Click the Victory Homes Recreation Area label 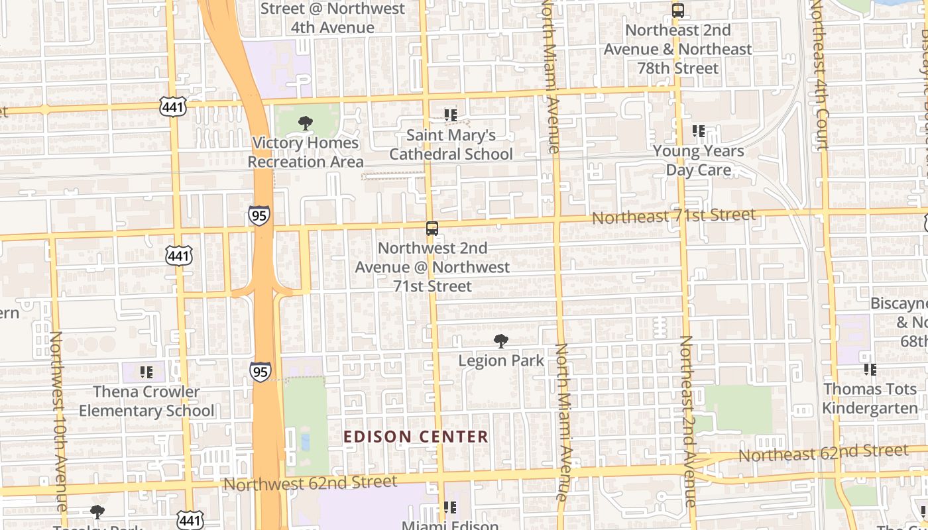pos(306,152)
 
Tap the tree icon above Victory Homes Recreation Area pos(305,123)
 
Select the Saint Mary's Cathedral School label pos(451,144)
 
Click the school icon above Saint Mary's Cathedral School pos(451,115)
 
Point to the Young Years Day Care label pos(699,160)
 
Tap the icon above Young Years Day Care pos(699,131)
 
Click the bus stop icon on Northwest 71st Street pos(432,229)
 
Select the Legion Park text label pos(501,361)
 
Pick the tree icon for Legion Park pos(501,341)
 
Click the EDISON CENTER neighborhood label pos(416,437)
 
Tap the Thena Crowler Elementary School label pos(146,401)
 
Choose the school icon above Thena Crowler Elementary pos(146,372)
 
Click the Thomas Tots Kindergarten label pos(870,398)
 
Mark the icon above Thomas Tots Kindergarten pos(870,369)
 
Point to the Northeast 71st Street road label pos(673,217)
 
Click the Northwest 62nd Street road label pos(310,483)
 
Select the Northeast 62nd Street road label pos(823,454)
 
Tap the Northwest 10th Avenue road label pos(58,421)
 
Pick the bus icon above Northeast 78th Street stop pos(677,11)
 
